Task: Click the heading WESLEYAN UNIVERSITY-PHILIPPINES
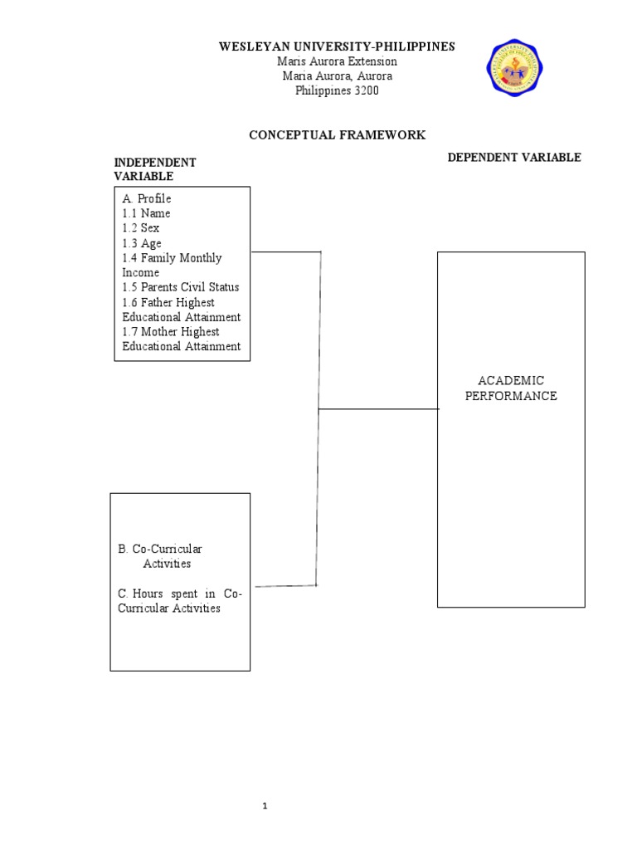(337, 46)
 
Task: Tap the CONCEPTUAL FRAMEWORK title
(338, 134)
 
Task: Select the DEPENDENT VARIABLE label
(514, 157)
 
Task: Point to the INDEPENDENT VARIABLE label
(155, 169)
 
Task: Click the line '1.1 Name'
(146, 213)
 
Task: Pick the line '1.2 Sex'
(141, 228)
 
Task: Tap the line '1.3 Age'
(142, 243)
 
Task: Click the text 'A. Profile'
(147, 198)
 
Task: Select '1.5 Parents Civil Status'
(180, 287)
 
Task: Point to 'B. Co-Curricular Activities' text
(161, 556)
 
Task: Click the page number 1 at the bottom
(265, 806)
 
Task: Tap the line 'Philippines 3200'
(337, 90)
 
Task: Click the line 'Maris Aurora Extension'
(337, 61)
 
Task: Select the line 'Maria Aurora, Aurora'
(337, 76)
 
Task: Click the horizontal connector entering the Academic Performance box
(378, 408)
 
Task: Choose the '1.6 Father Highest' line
(168, 302)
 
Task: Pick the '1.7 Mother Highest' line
(171, 332)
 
